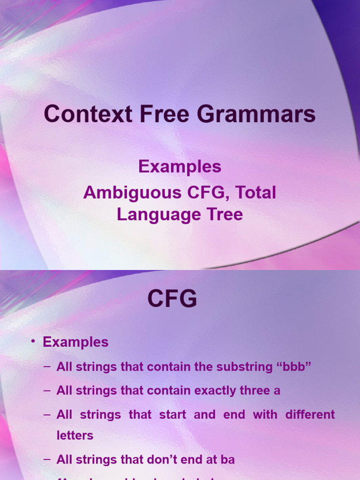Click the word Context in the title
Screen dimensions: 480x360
(x=81, y=115)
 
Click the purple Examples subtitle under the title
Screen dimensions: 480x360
(x=180, y=166)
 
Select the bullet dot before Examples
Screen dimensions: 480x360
(x=33, y=342)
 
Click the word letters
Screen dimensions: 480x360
(x=75, y=435)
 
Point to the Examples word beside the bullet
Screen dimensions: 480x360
(x=75, y=342)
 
